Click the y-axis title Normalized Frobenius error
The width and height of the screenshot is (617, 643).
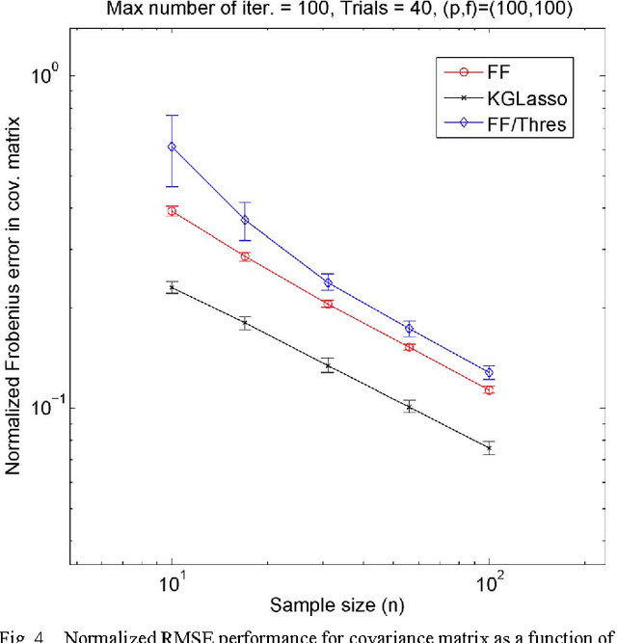point(15,318)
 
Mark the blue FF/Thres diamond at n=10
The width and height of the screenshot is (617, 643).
point(172,147)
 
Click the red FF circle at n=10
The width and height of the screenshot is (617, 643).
point(172,211)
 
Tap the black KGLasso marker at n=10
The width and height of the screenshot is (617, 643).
point(172,287)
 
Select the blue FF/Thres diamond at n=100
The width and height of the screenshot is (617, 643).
point(489,372)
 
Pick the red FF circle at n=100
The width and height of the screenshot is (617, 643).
point(489,390)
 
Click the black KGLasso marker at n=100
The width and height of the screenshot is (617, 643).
point(489,448)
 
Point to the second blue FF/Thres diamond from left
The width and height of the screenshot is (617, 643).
point(245,220)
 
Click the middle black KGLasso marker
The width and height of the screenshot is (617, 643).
point(329,365)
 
